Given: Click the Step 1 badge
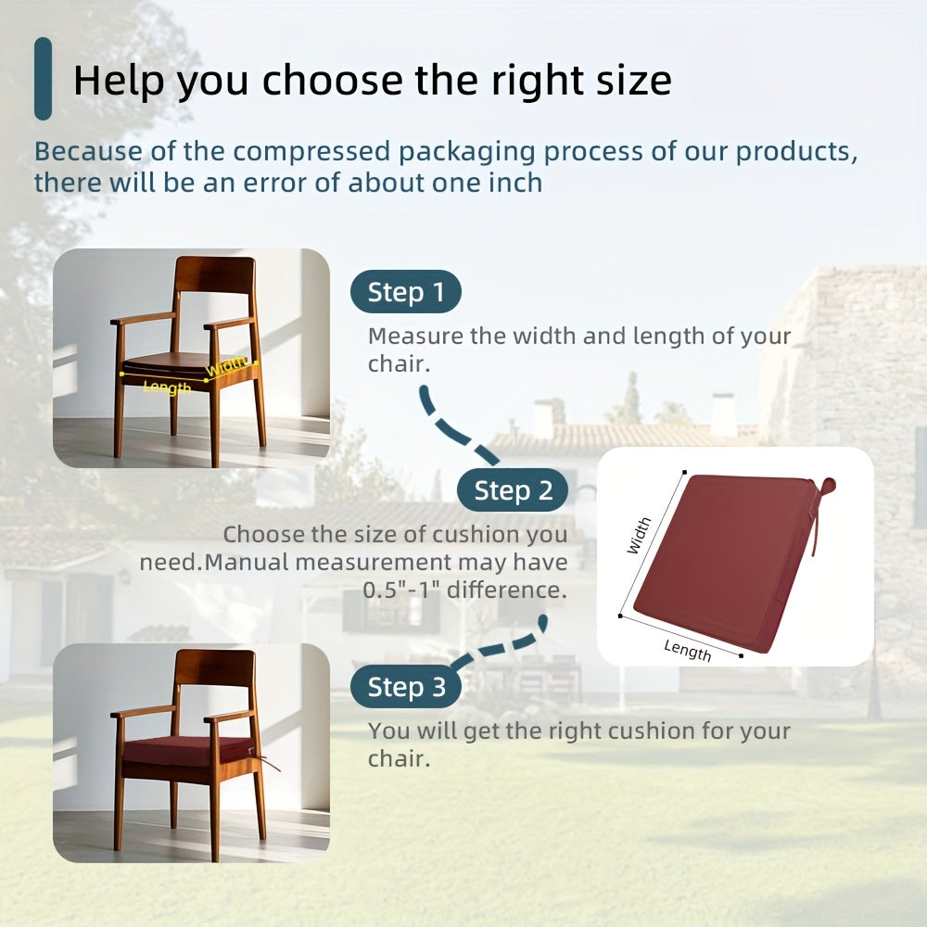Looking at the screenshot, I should point(405,293).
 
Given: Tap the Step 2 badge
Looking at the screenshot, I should point(513,490).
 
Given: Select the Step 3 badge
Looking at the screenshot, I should point(406,688).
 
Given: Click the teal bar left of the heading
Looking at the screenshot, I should point(43,79).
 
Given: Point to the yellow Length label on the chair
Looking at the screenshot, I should point(167,387).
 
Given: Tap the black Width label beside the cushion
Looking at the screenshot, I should point(639,536).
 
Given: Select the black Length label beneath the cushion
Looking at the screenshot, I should point(687,650).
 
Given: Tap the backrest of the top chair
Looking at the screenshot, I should point(215,274).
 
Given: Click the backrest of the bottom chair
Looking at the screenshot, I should point(215,667).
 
